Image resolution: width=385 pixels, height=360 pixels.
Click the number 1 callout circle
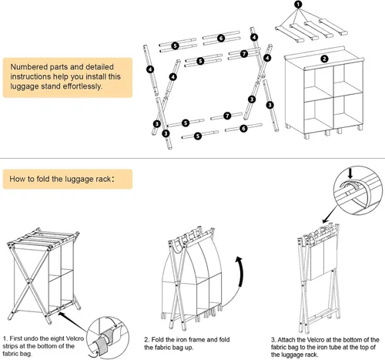coord(298,5)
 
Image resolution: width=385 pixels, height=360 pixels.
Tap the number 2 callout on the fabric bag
coord(324,59)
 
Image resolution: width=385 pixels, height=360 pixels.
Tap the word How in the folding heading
coord(15,179)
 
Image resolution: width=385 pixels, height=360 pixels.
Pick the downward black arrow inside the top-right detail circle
coord(350,173)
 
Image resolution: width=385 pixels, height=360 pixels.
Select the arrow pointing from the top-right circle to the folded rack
coord(330,215)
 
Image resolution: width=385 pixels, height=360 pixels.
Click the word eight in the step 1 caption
coord(57,338)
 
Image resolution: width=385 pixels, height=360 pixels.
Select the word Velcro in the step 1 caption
coord(75,338)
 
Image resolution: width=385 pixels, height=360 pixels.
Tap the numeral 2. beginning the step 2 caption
coord(146,340)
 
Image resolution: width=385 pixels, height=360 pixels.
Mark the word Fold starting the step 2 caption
coord(158,340)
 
